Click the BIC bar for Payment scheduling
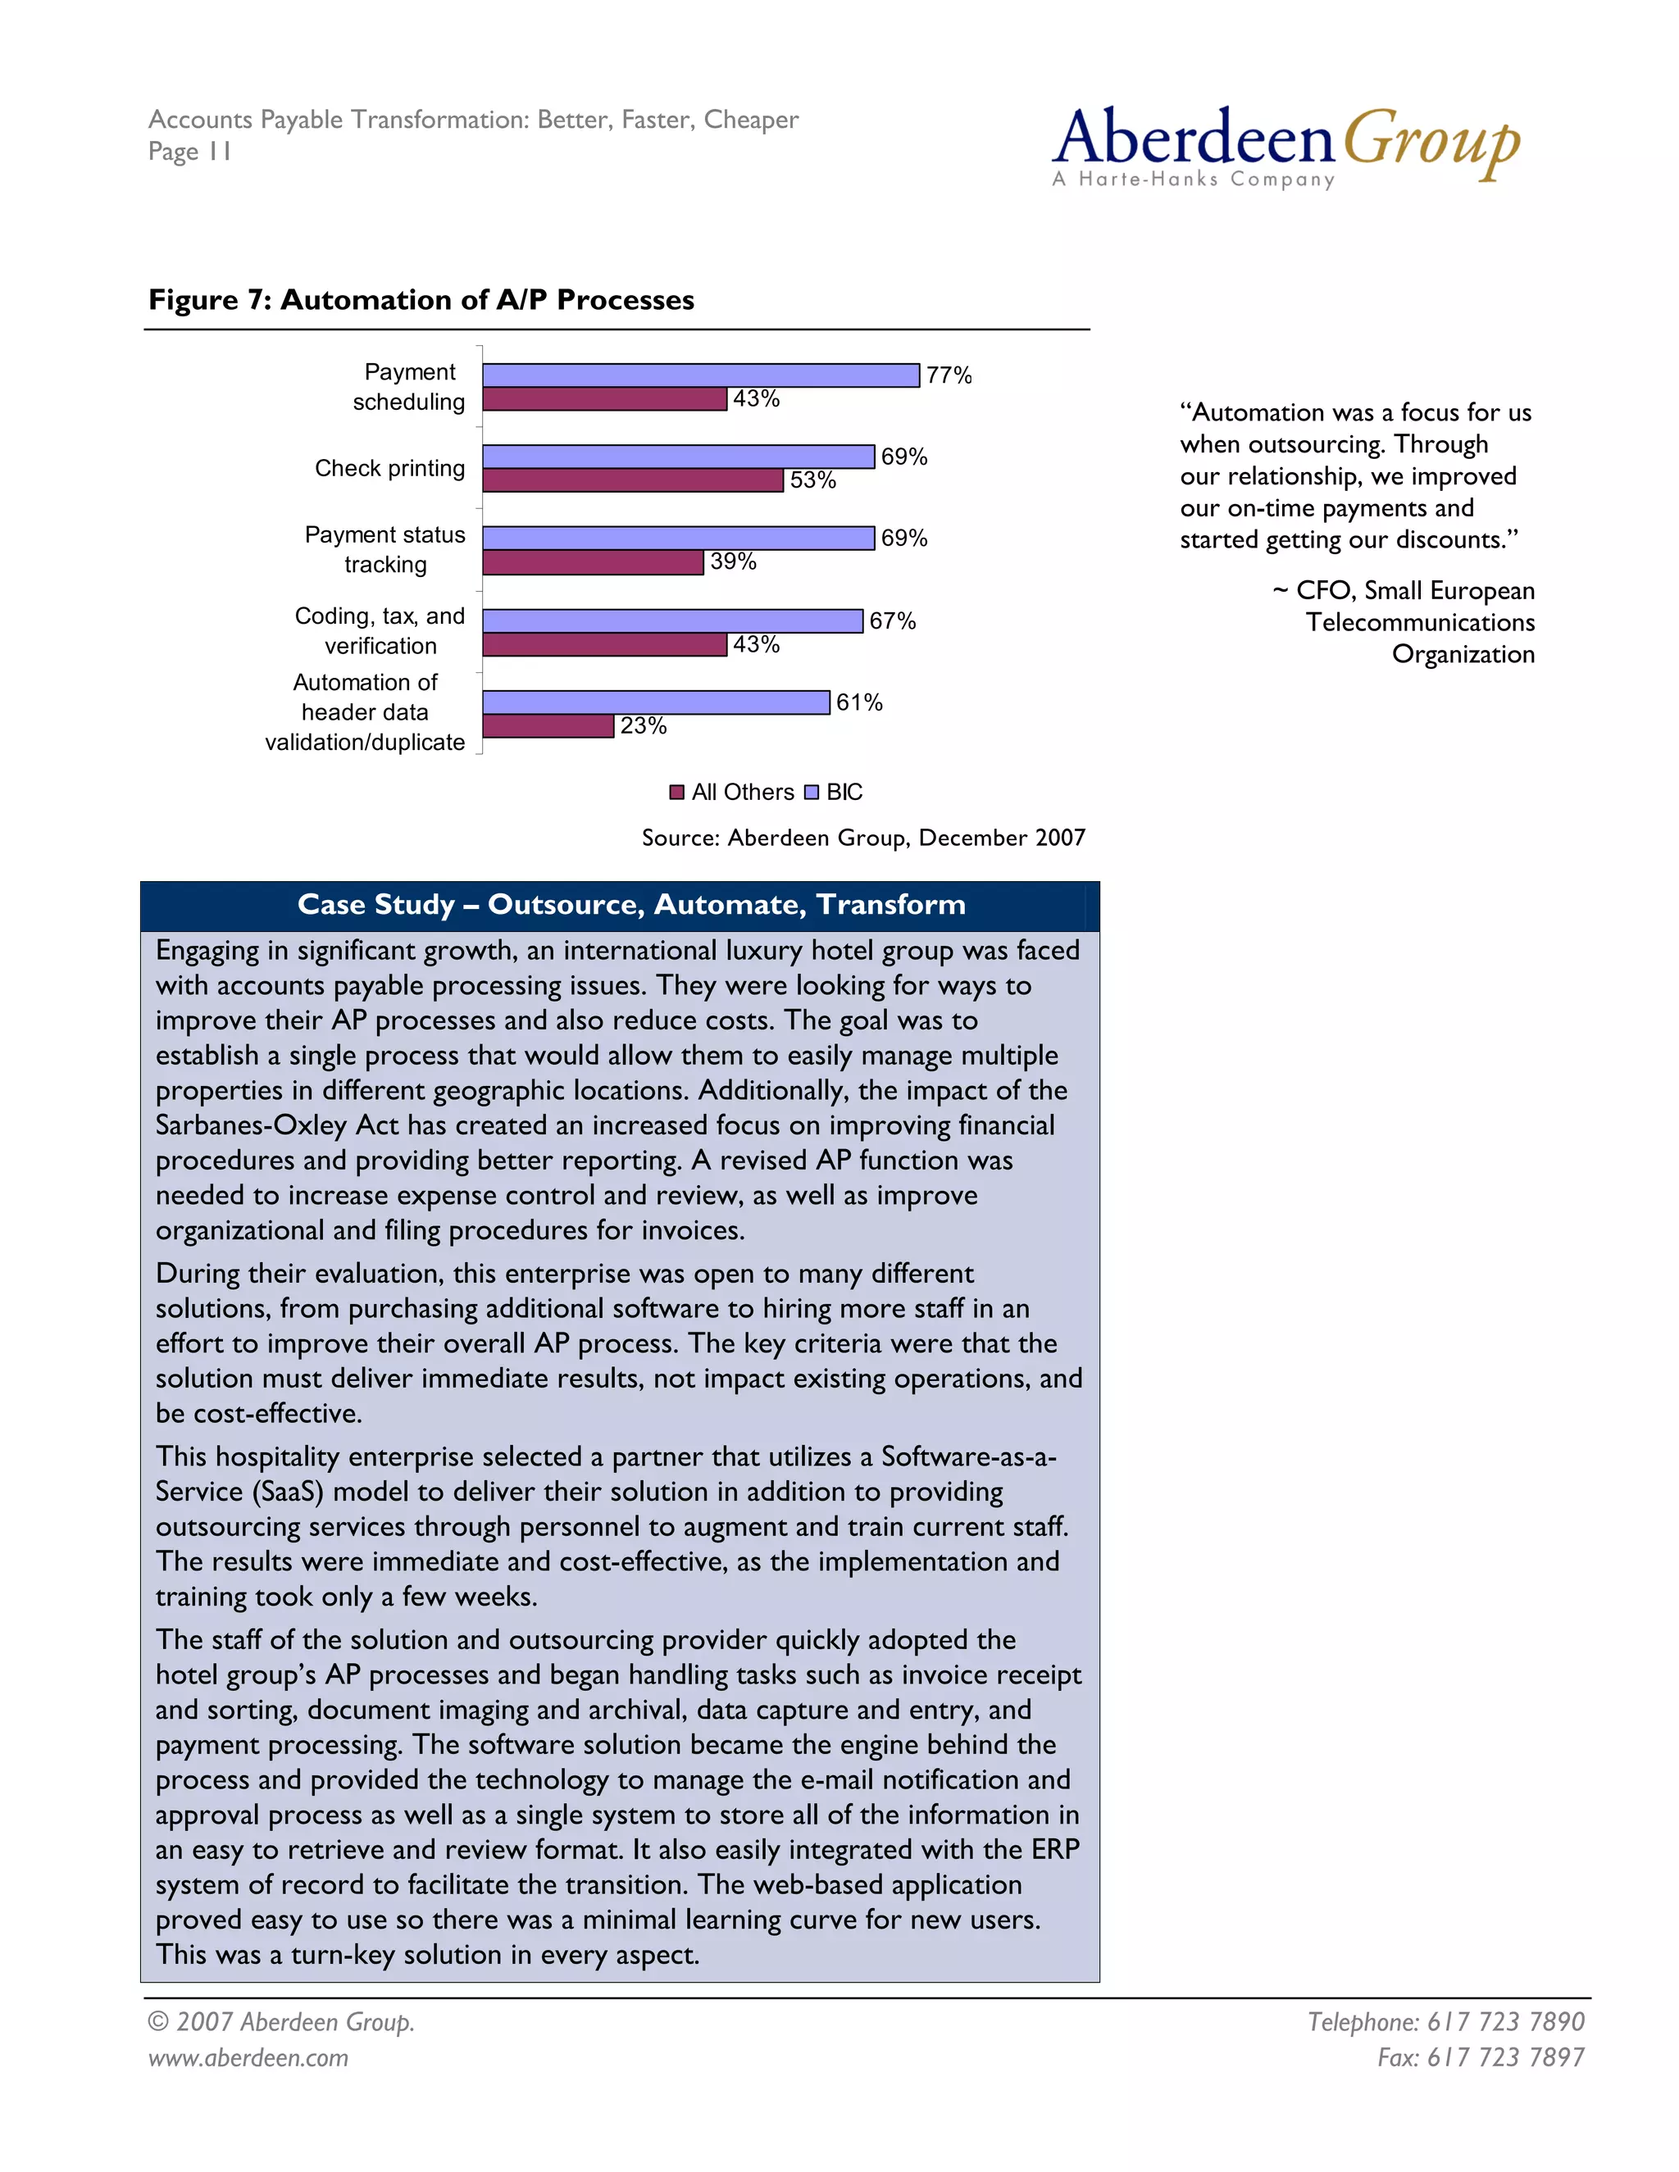point(700,375)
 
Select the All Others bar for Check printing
point(633,480)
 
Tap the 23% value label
point(643,726)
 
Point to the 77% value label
point(948,375)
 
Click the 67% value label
point(891,620)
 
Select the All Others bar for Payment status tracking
point(593,562)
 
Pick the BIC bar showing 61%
point(656,702)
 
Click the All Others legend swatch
point(677,793)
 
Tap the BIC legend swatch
point(812,793)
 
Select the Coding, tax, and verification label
point(380,630)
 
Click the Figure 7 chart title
point(421,299)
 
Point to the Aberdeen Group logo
point(1285,144)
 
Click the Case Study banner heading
point(630,904)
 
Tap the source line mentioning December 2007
point(862,838)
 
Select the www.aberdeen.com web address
point(248,2056)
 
